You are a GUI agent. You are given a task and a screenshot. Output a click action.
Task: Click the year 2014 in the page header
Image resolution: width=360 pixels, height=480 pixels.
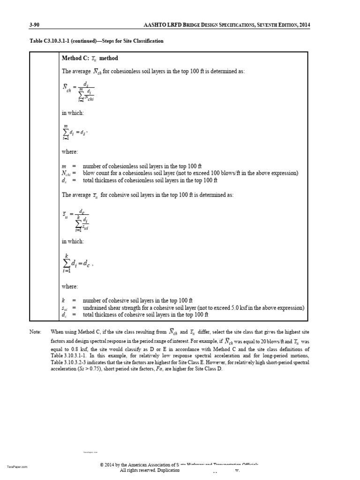(x=303, y=25)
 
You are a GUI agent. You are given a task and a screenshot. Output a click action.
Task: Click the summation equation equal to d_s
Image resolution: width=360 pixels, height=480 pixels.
(x=75, y=133)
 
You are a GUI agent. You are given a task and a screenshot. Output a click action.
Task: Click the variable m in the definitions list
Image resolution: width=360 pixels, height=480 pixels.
(x=64, y=166)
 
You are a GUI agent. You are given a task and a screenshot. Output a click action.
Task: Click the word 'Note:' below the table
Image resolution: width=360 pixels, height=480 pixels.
(x=35, y=331)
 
